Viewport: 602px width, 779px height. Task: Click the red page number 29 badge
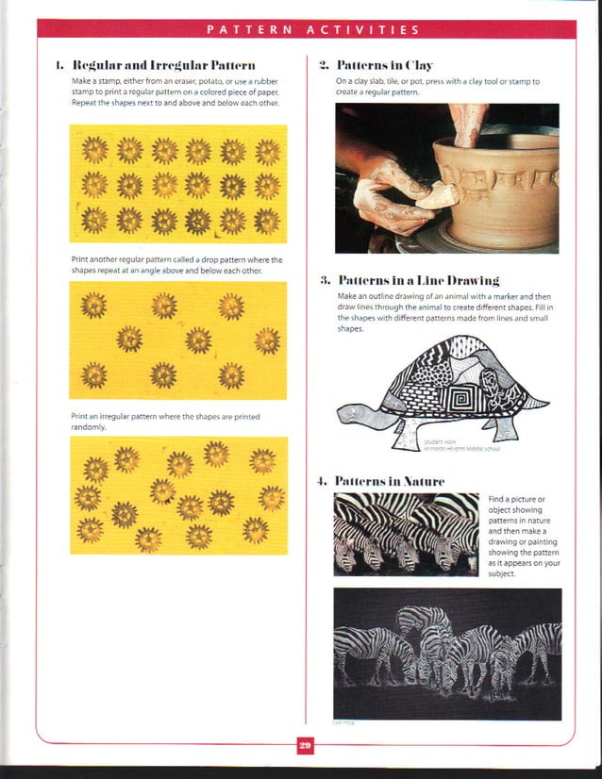point(305,746)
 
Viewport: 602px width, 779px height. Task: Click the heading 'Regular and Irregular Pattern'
point(162,66)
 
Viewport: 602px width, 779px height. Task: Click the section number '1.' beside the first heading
point(59,66)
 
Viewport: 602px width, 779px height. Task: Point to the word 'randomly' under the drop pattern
point(89,426)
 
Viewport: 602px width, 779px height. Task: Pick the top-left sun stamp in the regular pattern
point(94,148)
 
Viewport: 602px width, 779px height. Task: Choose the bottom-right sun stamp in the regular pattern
point(267,221)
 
